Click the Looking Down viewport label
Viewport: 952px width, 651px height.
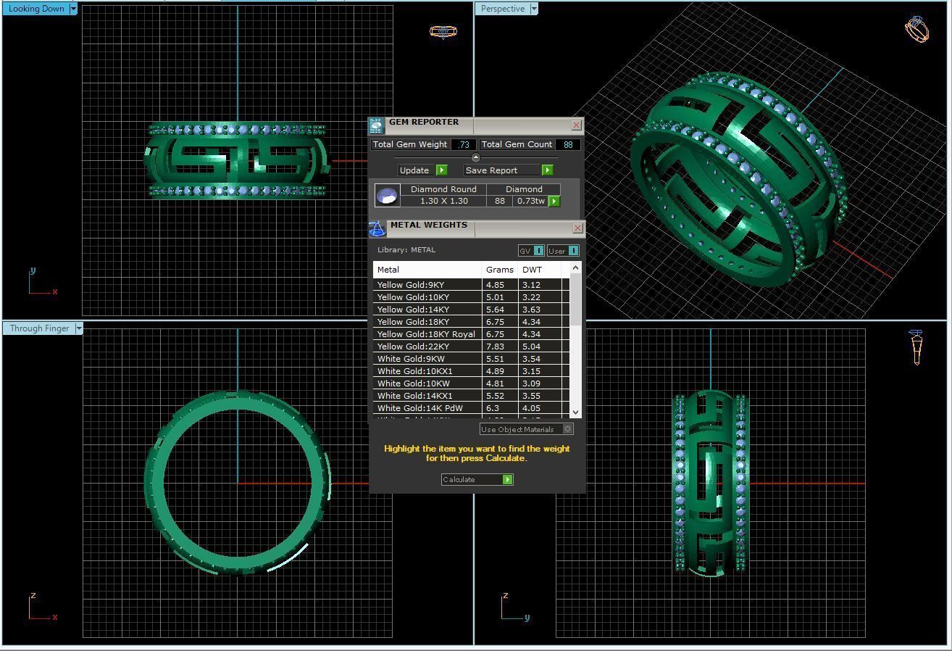36,9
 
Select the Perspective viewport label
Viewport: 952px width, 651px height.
502,9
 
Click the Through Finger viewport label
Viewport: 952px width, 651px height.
39,328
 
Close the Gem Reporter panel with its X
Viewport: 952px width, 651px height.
576,125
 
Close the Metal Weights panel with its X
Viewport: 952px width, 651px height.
577,228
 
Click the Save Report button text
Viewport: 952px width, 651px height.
491,170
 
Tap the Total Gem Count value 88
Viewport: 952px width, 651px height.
568,144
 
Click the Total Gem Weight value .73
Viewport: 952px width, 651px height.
464,144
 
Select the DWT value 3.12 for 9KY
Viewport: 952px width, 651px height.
531,285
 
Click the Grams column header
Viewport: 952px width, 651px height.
499,270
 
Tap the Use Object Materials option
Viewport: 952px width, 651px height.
517,429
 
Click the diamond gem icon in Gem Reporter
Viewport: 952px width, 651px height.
387,196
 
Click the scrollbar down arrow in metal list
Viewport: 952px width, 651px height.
576,412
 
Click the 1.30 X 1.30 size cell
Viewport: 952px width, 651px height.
443,201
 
